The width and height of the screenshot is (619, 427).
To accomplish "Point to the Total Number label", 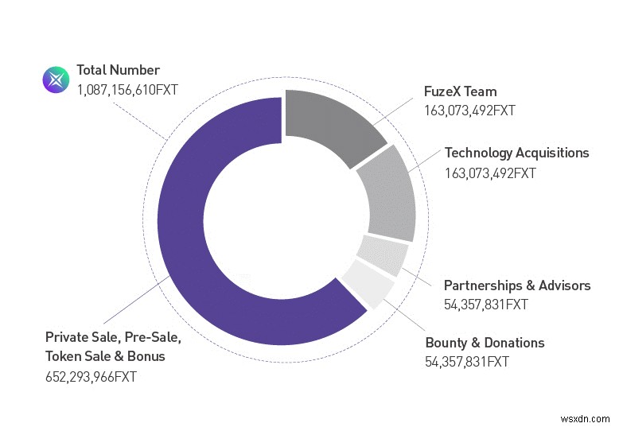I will pos(118,70).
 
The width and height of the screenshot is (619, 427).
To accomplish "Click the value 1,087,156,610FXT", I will pos(127,90).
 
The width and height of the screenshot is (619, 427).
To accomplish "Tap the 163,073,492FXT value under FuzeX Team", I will pos(469,111).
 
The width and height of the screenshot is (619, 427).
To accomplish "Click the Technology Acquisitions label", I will pos(516,153).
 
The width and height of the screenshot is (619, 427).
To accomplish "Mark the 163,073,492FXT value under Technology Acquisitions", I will pos(490,173).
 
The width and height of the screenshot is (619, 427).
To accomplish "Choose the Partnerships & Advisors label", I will pos(517,285).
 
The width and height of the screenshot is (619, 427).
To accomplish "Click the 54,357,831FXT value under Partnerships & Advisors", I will pos(485,305).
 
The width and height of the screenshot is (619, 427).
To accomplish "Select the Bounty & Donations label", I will pos(485,343).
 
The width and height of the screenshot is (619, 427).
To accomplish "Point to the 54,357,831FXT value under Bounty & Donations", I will pos(467,363).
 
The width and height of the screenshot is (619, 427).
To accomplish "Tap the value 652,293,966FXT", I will pos(91,377).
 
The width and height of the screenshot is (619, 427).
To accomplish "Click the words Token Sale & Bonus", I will pos(105,356).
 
